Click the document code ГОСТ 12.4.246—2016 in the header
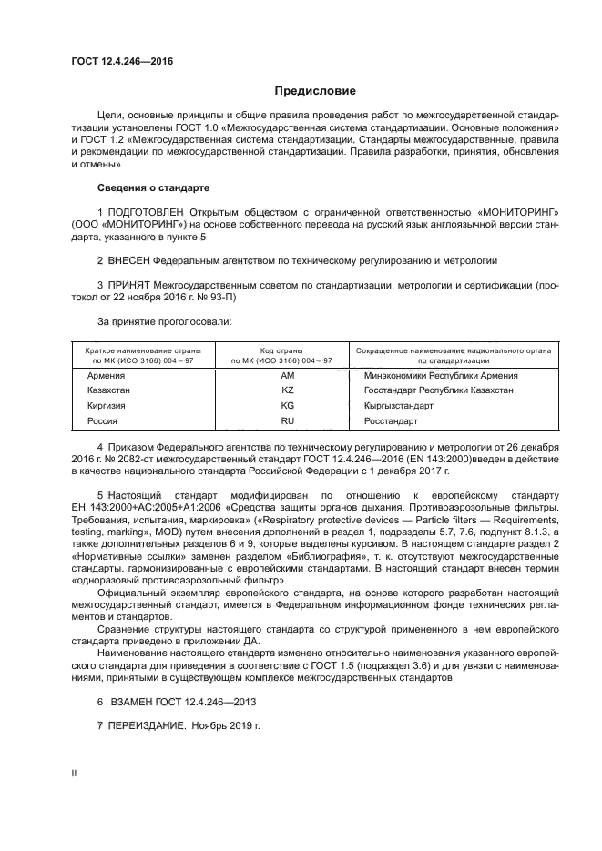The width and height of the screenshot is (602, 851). (121, 62)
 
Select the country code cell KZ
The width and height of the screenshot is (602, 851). (287, 390)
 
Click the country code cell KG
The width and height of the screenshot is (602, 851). (287, 405)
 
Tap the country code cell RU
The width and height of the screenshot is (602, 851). (287, 421)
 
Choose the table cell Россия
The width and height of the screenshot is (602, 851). (102, 421)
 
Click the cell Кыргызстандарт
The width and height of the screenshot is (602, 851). (398, 405)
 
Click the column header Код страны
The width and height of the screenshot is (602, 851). (287, 350)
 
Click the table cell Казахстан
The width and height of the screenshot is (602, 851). (109, 390)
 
